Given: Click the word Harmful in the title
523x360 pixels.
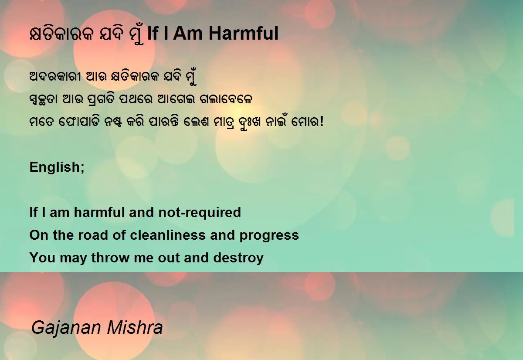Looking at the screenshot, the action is pos(243,34).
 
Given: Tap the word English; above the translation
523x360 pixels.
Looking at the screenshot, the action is pos(57,167).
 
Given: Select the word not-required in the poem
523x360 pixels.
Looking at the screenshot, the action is pos(200,213).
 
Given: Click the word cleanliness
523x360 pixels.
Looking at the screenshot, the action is pos(168,235).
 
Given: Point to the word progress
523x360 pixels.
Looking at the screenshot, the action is pos(269,236).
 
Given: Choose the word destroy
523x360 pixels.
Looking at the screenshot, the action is pos(238,258).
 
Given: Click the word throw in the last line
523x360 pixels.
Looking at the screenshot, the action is pos(110,258).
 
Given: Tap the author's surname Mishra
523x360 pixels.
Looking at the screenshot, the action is pos(135,327).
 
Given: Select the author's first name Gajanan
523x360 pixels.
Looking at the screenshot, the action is pos(66,328).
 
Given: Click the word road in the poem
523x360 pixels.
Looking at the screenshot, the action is pos(93,235).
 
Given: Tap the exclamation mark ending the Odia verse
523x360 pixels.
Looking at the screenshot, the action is pos(322,122).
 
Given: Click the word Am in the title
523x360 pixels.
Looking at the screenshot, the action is pos(188,34).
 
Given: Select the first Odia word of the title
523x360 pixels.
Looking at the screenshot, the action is pos(61,34).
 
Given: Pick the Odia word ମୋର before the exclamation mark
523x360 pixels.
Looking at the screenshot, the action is pos(305,122).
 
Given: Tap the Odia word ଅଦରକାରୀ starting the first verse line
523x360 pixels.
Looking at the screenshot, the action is pos(55,77).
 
